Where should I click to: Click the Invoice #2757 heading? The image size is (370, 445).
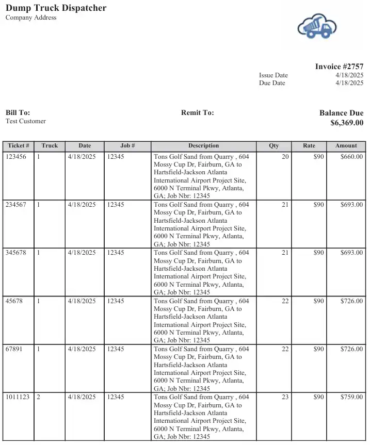point(339,67)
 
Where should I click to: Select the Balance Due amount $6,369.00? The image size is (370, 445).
point(347,123)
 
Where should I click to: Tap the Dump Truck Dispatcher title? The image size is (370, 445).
point(56,8)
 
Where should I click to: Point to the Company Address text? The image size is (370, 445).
point(31,18)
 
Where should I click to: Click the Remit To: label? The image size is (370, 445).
point(197,112)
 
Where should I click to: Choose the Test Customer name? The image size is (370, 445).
point(26,121)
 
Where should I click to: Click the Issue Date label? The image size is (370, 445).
point(274,75)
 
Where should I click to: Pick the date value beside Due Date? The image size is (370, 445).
point(349,83)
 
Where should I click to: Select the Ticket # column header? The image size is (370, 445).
point(19,146)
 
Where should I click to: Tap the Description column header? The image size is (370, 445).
point(203,146)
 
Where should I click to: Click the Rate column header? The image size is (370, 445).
point(309,146)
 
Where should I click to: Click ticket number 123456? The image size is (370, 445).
point(16,157)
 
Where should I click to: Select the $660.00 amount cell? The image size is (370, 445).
point(351,157)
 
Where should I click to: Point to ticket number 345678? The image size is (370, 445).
point(16,253)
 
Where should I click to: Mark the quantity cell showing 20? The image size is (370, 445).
point(285,157)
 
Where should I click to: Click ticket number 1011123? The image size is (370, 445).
point(18,397)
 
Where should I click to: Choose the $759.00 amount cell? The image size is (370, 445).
point(351,397)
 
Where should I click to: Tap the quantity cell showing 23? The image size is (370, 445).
point(285,397)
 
